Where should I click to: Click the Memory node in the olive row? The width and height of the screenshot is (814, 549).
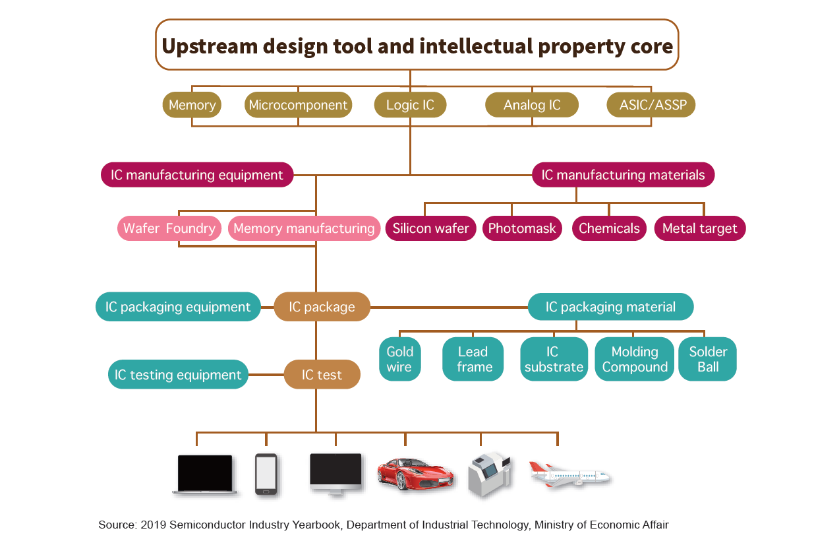point(192,105)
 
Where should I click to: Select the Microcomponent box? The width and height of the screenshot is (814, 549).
point(298,105)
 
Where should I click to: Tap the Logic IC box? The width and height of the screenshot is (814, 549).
point(410,105)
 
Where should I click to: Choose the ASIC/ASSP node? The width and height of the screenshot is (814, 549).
point(651,105)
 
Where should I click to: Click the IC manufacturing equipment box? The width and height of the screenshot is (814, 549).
point(197,175)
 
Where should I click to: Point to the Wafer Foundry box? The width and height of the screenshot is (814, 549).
point(169,228)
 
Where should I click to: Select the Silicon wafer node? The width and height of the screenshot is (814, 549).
point(430,228)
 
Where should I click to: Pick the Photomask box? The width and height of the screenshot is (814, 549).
point(522,228)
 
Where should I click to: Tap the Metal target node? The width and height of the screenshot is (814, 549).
point(700,228)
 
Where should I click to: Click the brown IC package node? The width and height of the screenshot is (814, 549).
point(322,307)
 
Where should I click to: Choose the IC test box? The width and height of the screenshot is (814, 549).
point(322,374)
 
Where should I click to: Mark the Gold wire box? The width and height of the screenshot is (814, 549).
point(399,359)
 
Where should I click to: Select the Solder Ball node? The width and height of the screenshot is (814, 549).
point(707,359)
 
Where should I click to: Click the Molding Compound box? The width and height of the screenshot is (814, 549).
point(635,359)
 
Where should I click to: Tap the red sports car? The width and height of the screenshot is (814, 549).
point(415,474)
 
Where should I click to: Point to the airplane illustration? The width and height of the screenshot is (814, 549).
point(570,474)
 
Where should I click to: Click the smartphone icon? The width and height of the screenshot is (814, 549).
point(266,474)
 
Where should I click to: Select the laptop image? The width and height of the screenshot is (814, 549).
point(204,474)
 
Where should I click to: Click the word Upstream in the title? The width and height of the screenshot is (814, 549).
point(210,47)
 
